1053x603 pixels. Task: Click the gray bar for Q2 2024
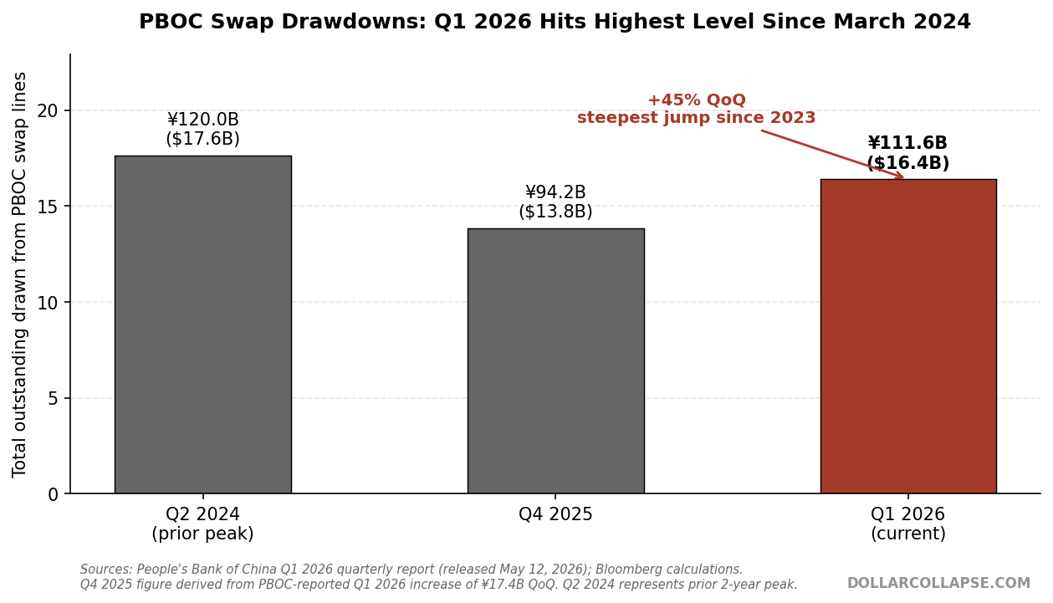(x=203, y=324)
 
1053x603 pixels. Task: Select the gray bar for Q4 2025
(x=555, y=361)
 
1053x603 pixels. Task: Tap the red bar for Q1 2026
(x=908, y=336)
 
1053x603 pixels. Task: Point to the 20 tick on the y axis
(x=47, y=111)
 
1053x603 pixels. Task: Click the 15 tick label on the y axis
(x=47, y=207)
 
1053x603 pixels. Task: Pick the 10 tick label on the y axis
(x=47, y=303)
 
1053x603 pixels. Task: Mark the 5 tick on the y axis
(x=53, y=399)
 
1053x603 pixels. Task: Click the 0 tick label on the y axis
(x=53, y=494)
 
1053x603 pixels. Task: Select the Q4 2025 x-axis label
(x=555, y=514)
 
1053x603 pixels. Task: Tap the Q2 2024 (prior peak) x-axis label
(x=202, y=524)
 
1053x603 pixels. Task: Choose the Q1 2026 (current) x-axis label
(x=908, y=524)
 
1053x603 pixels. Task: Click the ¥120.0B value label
(x=203, y=120)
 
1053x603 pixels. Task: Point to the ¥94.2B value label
(x=555, y=192)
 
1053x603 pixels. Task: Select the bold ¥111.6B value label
(x=907, y=143)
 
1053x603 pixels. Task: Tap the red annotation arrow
(x=832, y=154)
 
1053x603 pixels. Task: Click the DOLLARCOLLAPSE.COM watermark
(x=938, y=583)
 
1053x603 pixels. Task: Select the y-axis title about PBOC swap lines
(x=19, y=275)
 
